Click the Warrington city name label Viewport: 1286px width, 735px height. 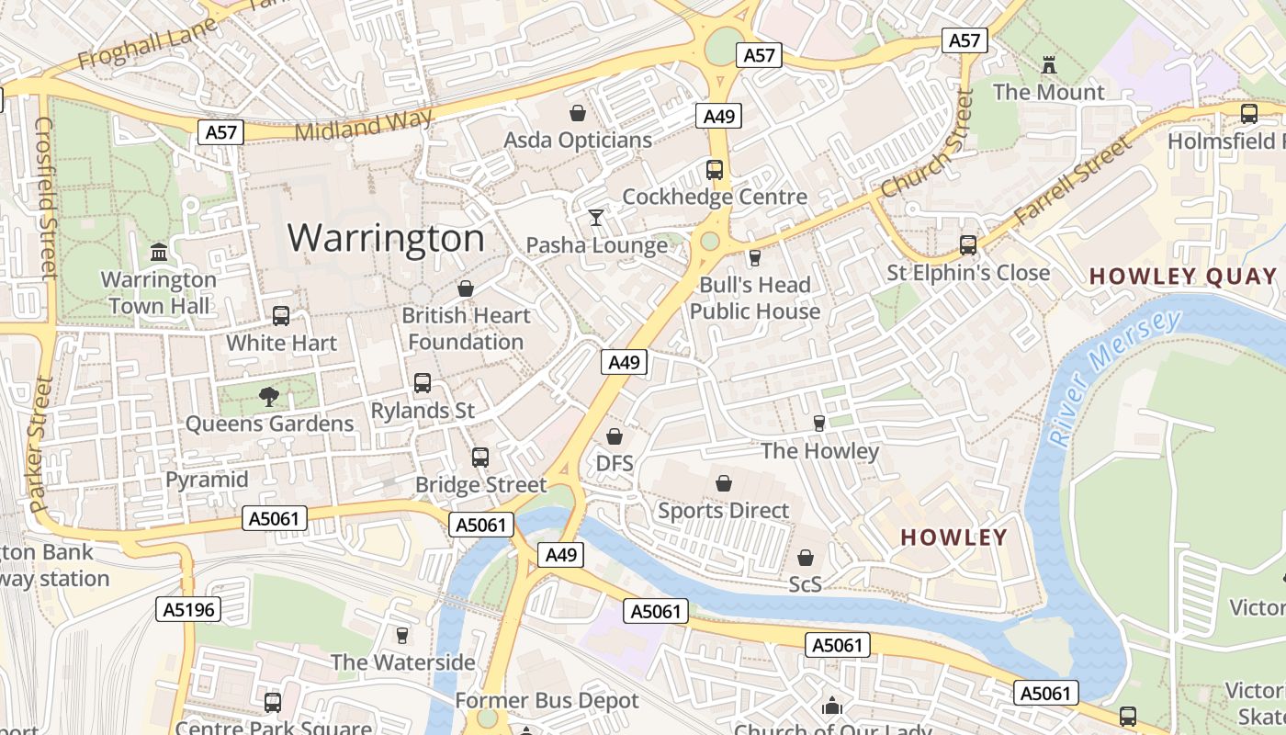tap(386, 238)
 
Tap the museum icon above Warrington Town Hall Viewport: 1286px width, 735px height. tap(159, 252)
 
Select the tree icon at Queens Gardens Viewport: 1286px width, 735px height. tap(269, 396)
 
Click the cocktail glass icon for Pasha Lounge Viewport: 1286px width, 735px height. tap(596, 218)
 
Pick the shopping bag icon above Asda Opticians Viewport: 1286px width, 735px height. tap(578, 113)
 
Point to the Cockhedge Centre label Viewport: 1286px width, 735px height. tap(715, 197)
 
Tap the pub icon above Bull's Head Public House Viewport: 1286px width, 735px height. tap(755, 257)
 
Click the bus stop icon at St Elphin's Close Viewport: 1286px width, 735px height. tap(968, 244)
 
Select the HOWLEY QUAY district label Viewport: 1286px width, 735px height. tap(1183, 276)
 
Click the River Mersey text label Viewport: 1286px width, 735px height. tap(1113, 377)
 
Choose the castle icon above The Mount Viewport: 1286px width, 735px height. tap(1049, 64)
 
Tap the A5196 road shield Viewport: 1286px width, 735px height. tap(188, 609)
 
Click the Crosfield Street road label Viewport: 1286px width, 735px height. tap(45, 197)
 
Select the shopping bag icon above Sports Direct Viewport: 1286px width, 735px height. tap(724, 482)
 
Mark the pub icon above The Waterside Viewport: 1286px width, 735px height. tap(401, 635)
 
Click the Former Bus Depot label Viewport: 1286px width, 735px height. tap(547, 700)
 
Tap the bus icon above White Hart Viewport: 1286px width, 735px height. tap(281, 315)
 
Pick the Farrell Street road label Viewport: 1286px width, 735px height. tap(1073, 183)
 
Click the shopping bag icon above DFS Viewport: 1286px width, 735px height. tap(615, 435)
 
